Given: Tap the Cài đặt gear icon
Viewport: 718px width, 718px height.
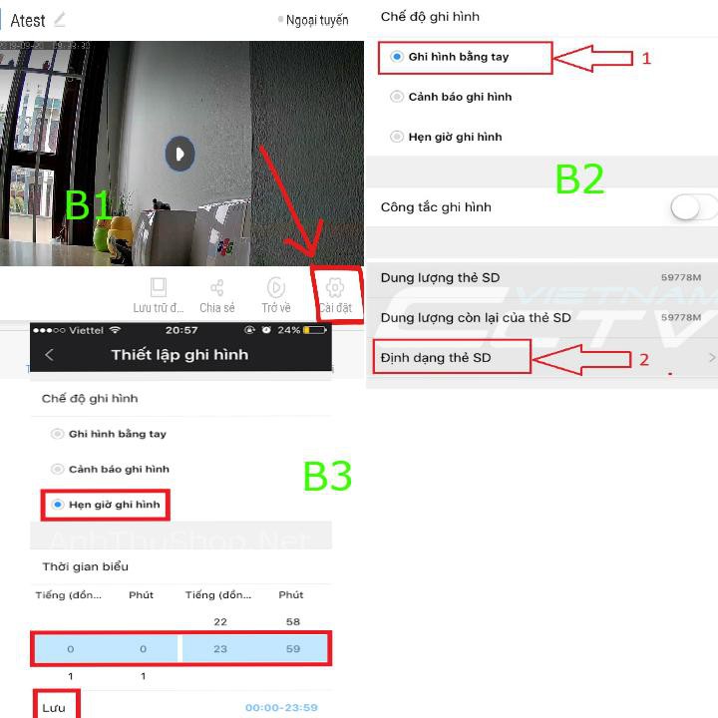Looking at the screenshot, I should (x=335, y=288).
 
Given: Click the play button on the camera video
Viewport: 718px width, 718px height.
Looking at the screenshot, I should (x=179, y=154).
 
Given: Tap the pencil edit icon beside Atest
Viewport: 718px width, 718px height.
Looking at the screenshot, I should (x=60, y=19).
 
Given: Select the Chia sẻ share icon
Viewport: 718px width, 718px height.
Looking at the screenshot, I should (x=216, y=288).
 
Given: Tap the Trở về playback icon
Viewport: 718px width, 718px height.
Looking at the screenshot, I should (x=276, y=288).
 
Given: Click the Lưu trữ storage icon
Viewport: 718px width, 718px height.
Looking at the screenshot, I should (x=159, y=288).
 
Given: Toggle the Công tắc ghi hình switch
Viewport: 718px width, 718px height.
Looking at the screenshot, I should (x=692, y=207).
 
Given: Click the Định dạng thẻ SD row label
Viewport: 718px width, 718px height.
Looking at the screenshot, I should (x=436, y=357).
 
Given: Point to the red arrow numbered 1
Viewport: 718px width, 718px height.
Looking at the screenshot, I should (x=592, y=58).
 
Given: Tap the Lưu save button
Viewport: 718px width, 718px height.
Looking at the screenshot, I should (x=54, y=708).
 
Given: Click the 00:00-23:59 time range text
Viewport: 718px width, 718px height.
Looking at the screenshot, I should (x=281, y=708).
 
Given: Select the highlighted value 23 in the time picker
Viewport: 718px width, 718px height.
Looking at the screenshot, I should (x=220, y=649).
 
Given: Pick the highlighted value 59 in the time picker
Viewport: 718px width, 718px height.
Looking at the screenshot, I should (x=291, y=649).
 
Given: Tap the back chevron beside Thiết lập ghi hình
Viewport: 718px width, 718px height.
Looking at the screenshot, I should (x=50, y=355).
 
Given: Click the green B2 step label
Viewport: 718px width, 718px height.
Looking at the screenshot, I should (x=579, y=179).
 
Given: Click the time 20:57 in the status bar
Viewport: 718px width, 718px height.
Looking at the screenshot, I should (x=181, y=330).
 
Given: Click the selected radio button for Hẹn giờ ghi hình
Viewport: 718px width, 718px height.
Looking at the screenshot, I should (x=58, y=505).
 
